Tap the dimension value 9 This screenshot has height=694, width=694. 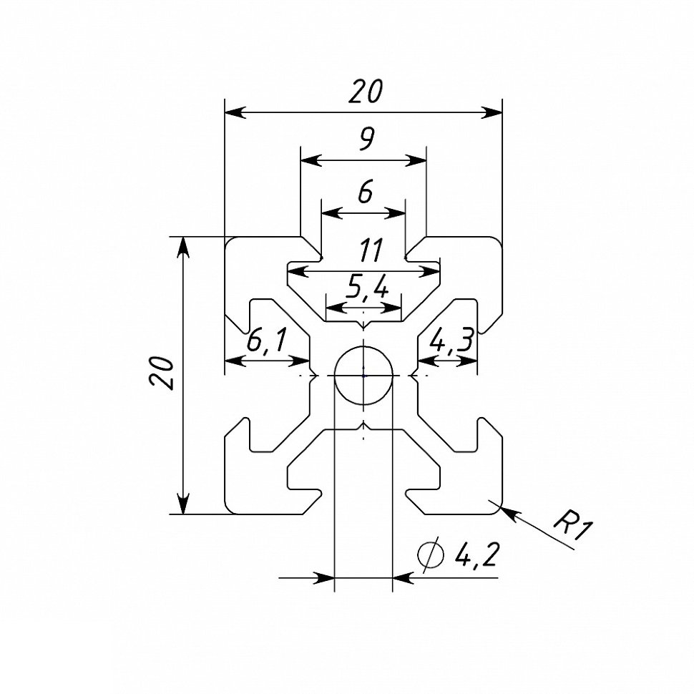(365, 140)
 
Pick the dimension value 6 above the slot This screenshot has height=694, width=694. (364, 192)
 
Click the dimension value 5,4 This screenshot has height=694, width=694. (366, 288)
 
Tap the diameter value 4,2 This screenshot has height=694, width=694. (476, 554)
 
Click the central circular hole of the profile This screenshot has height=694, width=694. (363, 375)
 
